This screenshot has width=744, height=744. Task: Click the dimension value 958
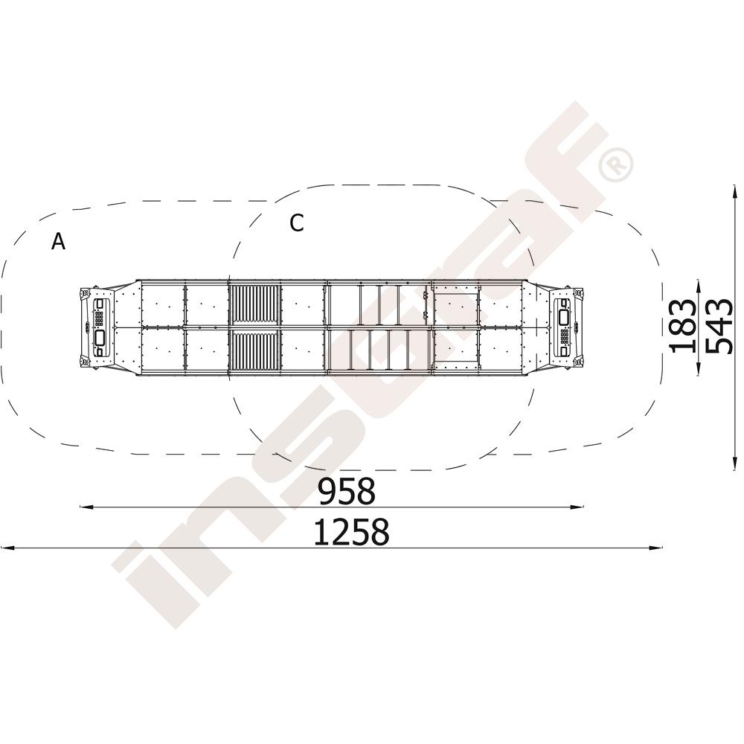pyautogui.click(x=347, y=491)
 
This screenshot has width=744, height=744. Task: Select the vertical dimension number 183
pyautogui.click(x=683, y=326)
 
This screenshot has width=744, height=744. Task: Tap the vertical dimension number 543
pyautogui.click(x=719, y=326)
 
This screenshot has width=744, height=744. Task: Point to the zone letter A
pyautogui.click(x=58, y=242)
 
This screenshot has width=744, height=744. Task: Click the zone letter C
pyautogui.click(x=297, y=223)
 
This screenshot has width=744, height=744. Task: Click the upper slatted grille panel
pyautogui.click(x=253, y=305)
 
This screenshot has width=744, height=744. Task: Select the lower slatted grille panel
pyautogui.click(x=253, y=350)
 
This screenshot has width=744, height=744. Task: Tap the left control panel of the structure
pyautogui.click(x=101, y=327)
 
